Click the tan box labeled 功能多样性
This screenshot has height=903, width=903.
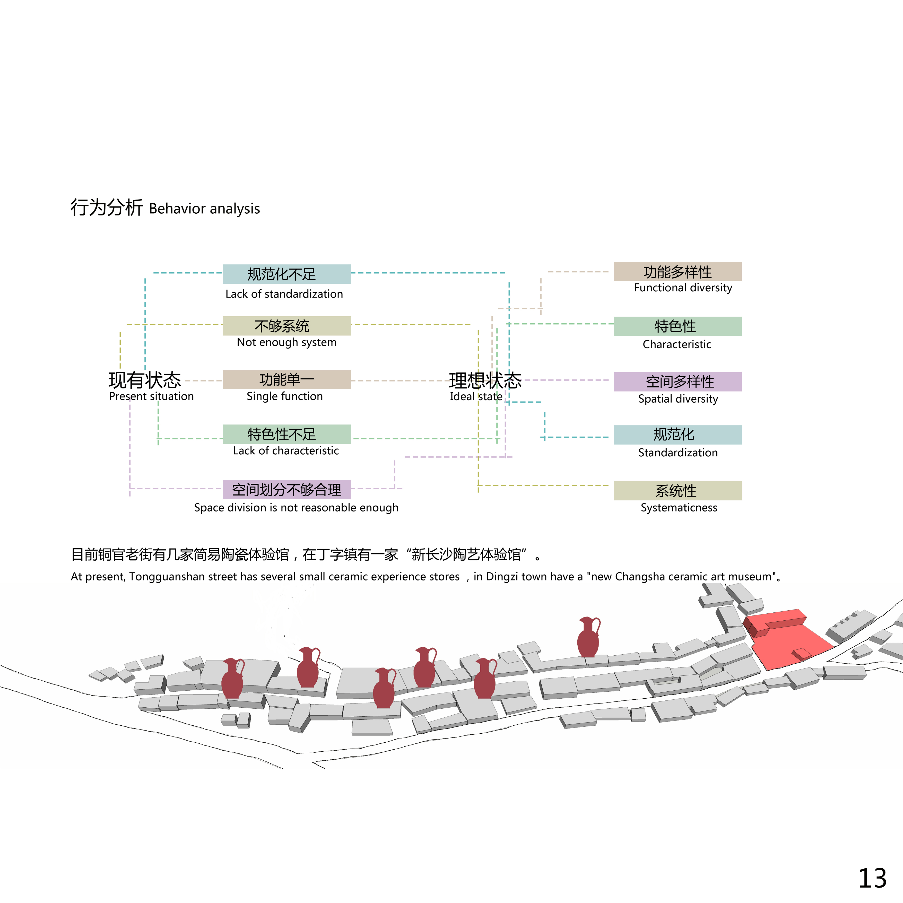677,272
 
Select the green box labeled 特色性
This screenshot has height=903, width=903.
677,326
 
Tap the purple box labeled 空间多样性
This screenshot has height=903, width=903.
677,381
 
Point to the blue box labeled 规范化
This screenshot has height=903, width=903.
677,434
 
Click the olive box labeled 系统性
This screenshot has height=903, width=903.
677,490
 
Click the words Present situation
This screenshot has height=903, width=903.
151,396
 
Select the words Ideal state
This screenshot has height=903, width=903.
476,396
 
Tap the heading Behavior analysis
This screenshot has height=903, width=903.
204,209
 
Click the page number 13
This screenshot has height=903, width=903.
872,879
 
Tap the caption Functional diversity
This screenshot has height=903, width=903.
683,288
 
